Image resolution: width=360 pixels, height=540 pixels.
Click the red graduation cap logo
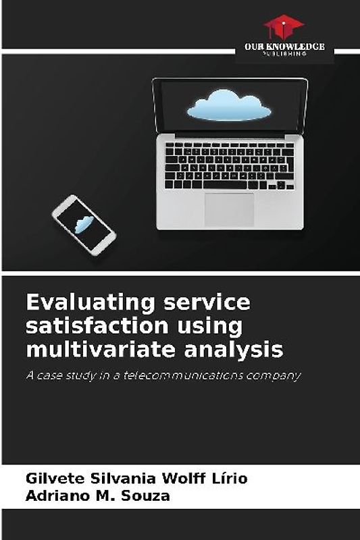click(284, 26)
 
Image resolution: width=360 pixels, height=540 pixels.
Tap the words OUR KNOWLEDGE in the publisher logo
click(284, 47)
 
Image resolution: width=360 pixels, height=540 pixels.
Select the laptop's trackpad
click(230, 209)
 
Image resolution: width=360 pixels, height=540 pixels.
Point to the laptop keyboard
click(230, 165)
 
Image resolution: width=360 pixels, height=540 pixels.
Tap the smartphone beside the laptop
click(84, 225)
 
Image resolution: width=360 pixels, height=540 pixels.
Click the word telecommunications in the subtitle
click(186, 375)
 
